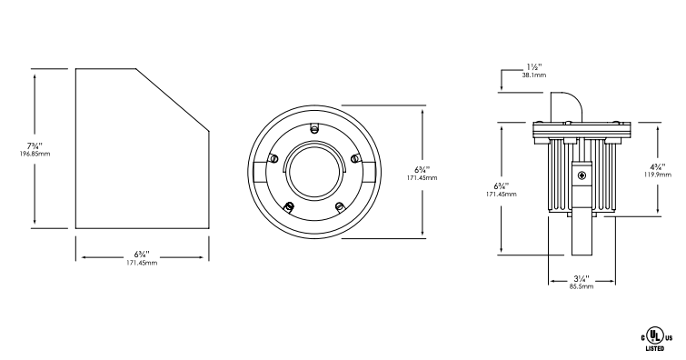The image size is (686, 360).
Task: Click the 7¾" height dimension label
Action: pos(35,145)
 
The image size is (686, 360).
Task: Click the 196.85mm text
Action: pos(35,155)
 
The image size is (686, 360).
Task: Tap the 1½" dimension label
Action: pos(533,67)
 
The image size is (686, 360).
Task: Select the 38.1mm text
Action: pos(533,75)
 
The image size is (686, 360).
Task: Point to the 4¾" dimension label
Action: pos(658,167)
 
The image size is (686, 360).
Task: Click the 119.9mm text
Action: pos(658,175)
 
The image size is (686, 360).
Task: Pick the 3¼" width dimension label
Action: pos(582,278)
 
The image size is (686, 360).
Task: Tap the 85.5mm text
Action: pos(582,286)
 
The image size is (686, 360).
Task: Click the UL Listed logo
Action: pos(656,339)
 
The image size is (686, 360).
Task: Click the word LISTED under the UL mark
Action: pos(655,348)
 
